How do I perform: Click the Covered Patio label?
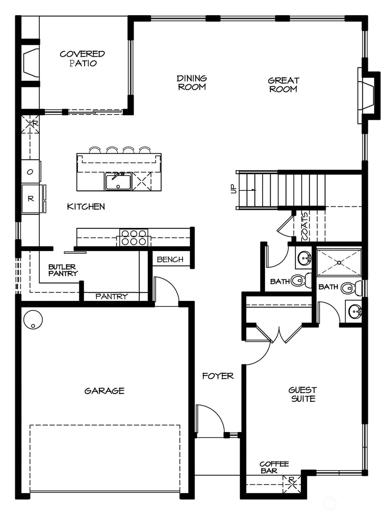(82, 59)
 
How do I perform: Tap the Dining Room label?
(192, 82)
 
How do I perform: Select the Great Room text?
(283, 85)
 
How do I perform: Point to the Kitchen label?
(86, 206)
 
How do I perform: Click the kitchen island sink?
(118, 181)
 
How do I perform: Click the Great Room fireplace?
(367, 96)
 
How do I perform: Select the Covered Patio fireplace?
(30, 61)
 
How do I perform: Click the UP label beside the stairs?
(233, 189)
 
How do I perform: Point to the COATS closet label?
(305, 226)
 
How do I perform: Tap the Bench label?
(170, 259)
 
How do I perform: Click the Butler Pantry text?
(63, 270)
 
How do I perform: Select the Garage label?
(104, 391)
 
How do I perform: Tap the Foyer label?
(218, 376)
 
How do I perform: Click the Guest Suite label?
(303, 394)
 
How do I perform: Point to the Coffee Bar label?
(274, 467)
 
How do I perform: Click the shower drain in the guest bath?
(339, 262)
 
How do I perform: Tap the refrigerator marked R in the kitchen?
(31, 198)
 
